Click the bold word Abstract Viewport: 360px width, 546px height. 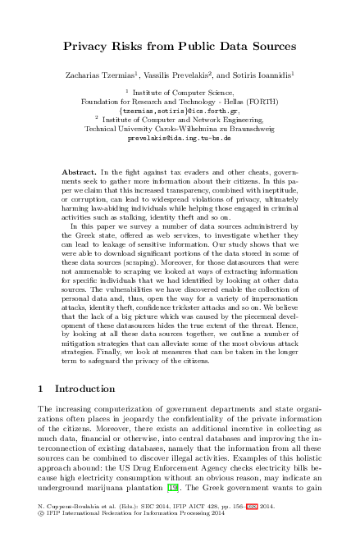tap(80, 173)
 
